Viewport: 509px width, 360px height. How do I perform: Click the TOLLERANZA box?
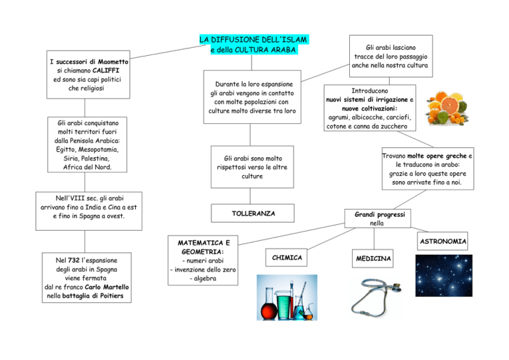(x=253, y=213)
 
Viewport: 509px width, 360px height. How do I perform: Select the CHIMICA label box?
(x=286, y=257)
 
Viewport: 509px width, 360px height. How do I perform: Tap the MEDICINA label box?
(x=372, y=259)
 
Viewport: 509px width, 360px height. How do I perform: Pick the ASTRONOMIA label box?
(x=443, y=241)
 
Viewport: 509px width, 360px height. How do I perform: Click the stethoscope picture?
(x=376, y=297)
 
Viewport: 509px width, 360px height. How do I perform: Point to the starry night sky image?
(x=444, y=276)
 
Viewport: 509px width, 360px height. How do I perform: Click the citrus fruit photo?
(x=447, y=108)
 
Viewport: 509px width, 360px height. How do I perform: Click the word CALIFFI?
(x=106, y=70)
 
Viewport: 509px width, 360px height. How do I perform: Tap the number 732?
(x=74, y=261)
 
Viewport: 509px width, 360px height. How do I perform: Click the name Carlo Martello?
(x=107, y=287)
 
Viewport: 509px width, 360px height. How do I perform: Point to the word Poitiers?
(x=111, y=296)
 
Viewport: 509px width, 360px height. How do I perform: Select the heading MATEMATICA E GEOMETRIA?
(x=203, y=247)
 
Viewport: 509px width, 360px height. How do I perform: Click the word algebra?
(x=205, y=278)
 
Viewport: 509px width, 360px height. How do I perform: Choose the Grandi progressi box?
(x=378, y=219)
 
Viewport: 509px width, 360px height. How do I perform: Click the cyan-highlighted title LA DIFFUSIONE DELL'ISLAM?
(x=253, y=40)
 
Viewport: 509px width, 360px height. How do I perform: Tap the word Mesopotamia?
(x=98, y=150)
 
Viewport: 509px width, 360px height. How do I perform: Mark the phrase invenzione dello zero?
(x=205, y=269)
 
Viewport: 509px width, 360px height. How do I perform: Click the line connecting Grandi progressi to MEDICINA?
(x=374, y=239)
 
